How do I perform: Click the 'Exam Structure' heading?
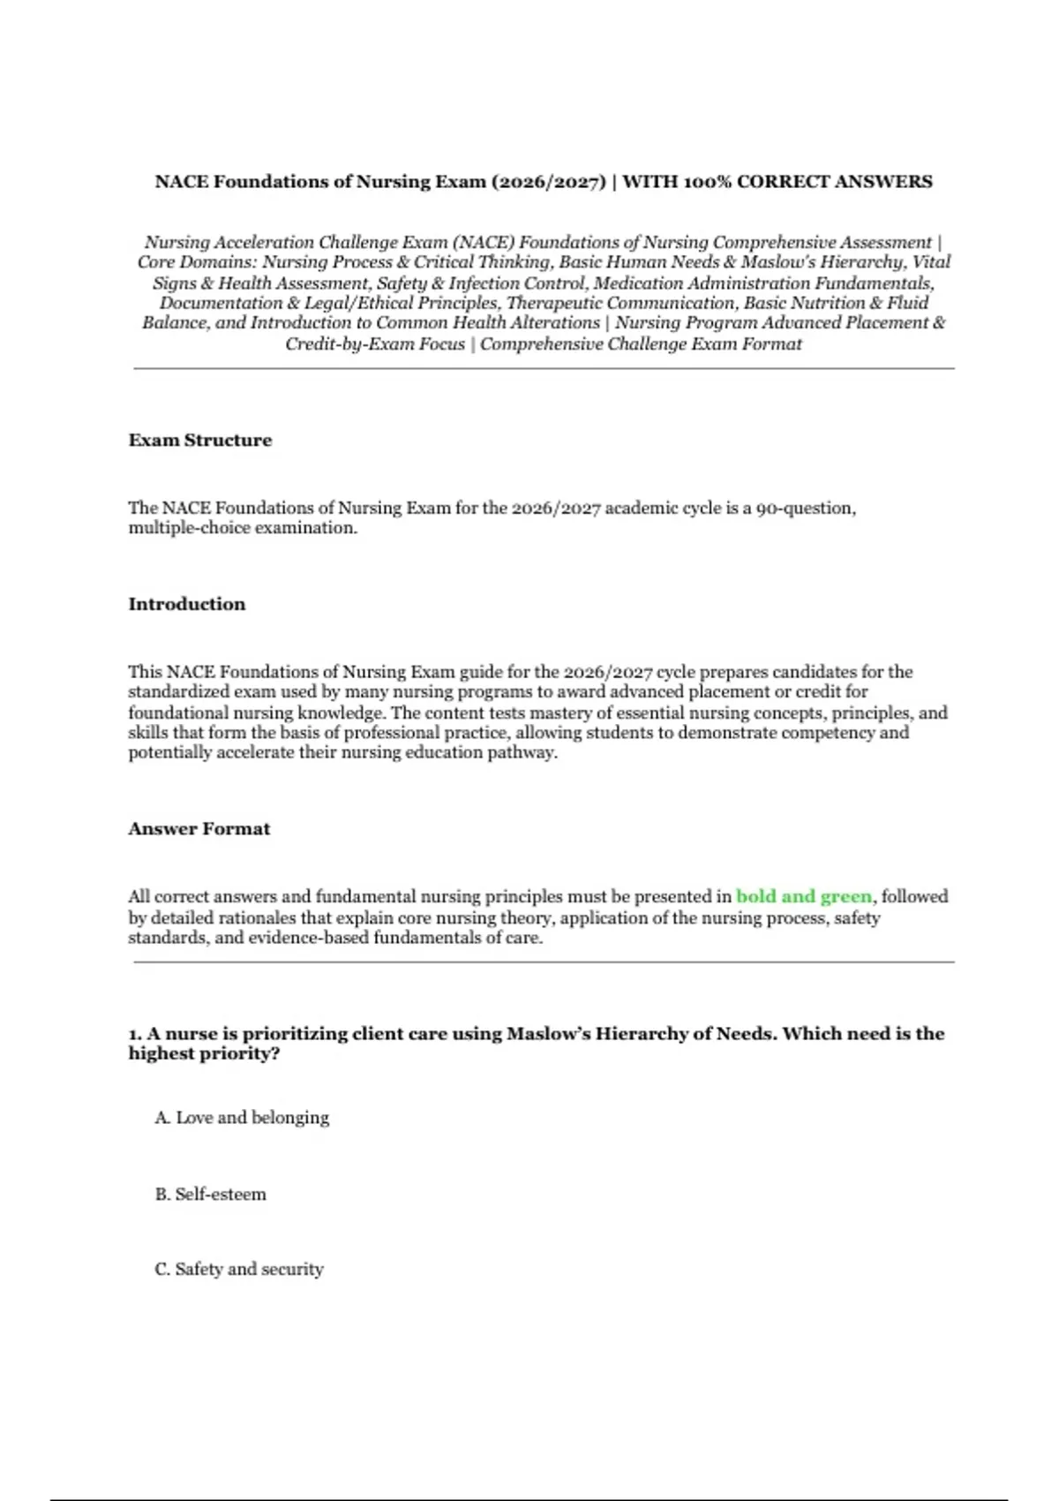200,440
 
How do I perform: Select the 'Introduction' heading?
187,604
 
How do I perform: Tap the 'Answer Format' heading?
199,828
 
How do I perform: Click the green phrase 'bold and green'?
803,896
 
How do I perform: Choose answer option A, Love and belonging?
242,1117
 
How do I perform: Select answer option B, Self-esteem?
211,1194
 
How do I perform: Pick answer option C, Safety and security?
239,1269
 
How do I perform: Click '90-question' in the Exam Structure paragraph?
805,508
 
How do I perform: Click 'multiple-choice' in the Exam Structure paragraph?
189,528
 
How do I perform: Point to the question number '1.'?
135,1033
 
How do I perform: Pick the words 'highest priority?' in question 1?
204,1053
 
